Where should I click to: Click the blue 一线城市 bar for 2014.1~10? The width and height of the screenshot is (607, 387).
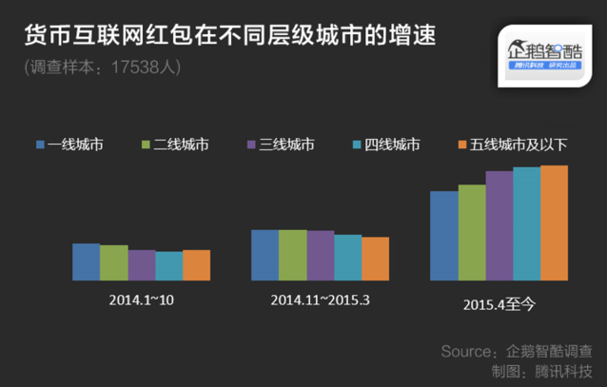pyautogui.click(x=86, y=261)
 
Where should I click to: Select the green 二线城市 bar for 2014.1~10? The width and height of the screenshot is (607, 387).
pyautogui.click(x=113, y=262)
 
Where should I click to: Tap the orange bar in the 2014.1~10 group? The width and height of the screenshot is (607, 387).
pyautogui.click(x=196, y=265)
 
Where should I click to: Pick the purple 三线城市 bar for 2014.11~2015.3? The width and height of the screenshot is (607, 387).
pyautogui.click(x=321, y=255)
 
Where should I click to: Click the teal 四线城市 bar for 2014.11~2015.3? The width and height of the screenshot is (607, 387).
pyautogui.click(x=347, y=257)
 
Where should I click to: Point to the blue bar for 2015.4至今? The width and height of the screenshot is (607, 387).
pyautogui.click(x=443, y=236)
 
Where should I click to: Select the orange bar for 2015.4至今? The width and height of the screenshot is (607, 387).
pyautogui.click(x=554, y=223)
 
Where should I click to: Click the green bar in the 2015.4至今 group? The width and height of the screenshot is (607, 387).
pyautogui.click(x=471, y=232)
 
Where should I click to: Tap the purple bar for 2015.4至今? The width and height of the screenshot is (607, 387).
pyautogui.click(x=499, y=225)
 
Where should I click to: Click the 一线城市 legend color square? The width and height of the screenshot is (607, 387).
pyautogui.click(x=40, y=145)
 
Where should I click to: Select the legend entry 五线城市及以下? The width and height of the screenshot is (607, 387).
pyautogui.click(x=518, y=145)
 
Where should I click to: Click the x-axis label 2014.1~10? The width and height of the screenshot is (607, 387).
pyautogui.click(x=141, y=300)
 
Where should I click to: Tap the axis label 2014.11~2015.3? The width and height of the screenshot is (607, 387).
pyautogui.click(x=320, y=300)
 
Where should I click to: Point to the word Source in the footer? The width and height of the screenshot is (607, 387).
pyautogui.click(x=467, y=351)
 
